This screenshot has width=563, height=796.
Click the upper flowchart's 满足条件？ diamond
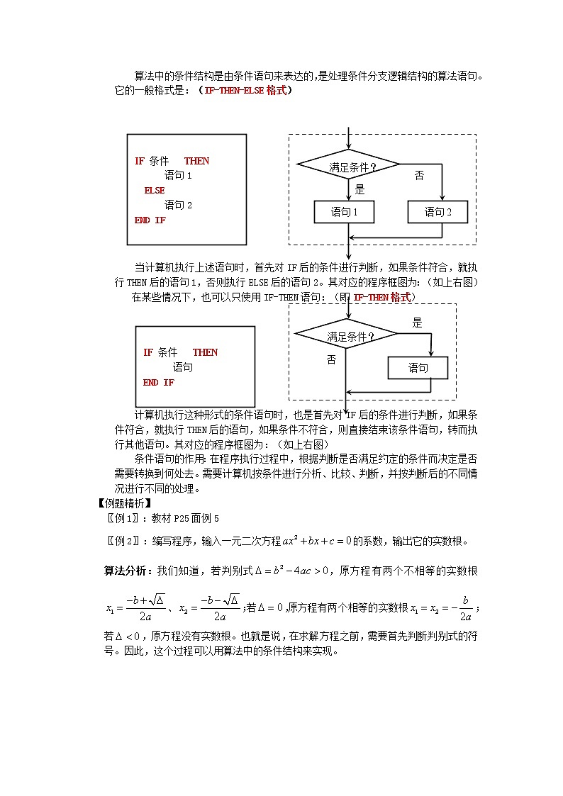(x=349, y=166)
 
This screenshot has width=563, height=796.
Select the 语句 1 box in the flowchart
(x=344, y=212)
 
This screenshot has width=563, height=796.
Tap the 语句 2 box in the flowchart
(x=437, y=212)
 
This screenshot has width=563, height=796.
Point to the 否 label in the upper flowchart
(x=419, y=176)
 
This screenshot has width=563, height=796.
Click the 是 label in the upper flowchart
(x=359, y=189)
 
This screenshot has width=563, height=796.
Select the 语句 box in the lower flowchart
(x=418, y=368)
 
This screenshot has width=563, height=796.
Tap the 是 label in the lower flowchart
(x=417, y=323)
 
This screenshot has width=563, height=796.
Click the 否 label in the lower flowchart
(x=331, y=359)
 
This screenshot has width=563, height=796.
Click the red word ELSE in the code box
(x=155, y=190)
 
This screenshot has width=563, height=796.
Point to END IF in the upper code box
(x=150, y=220)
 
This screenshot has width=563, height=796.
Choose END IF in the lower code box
(x=159, y=383)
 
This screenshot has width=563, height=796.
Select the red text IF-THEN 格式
(x=383, y=298)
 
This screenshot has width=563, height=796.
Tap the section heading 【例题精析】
(x=123, y=503)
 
